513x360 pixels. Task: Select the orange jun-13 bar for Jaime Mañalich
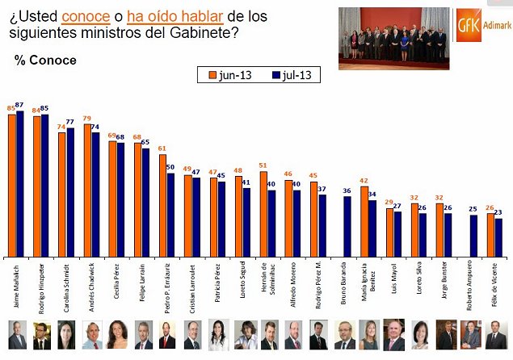(11, 185)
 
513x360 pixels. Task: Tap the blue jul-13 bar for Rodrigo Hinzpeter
(44, 185)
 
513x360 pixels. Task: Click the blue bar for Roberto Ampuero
(473, 235)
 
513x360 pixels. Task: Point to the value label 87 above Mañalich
(20, 105)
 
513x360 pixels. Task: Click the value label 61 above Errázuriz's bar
(162, 149)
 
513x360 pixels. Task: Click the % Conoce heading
(45, 61)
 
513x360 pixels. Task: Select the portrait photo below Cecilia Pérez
(117, 334)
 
